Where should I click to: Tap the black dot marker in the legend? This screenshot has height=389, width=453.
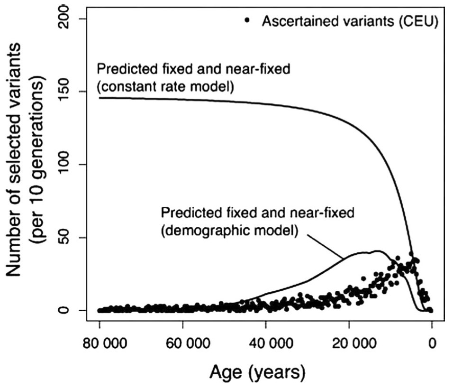pyautogui.click(x=246, y=20)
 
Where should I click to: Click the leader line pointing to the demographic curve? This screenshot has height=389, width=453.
pyautogui.click(x=327, y=246)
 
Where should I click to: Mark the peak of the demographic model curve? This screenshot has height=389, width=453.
pyautogui.click(x=378, y=251)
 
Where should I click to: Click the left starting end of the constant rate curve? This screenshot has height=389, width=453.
pyautogui.click(x=100, y=98)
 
